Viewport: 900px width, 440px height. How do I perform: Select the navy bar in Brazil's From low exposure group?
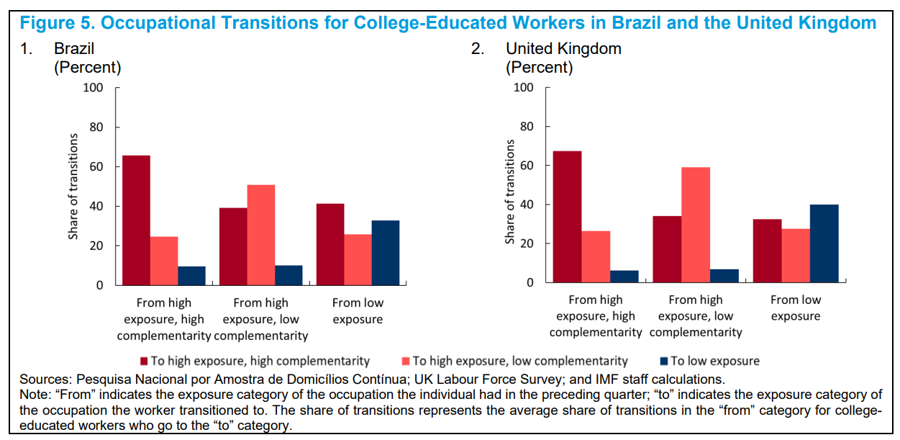tap(385, 252)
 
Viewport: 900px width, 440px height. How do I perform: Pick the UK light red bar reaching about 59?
tap(695, 225)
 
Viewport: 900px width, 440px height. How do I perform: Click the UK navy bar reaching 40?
tap(824, 243)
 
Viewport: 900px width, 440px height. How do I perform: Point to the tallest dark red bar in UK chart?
tap(568, 216)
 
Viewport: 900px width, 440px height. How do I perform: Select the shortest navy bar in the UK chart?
tap(624, 277)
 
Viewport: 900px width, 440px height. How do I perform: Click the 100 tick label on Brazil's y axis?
tap(94, 88)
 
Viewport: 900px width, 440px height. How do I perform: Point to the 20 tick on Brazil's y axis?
tap(97, 246)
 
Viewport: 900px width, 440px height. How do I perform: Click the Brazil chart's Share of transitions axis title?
tap(73, 187)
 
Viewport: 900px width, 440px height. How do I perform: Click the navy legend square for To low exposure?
tap(665, 361)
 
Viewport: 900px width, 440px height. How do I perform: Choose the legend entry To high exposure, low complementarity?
tap(519, 361)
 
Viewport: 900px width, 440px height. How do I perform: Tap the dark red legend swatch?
tap(144, 361)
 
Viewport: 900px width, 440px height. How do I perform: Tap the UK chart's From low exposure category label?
tap(795, 307)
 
